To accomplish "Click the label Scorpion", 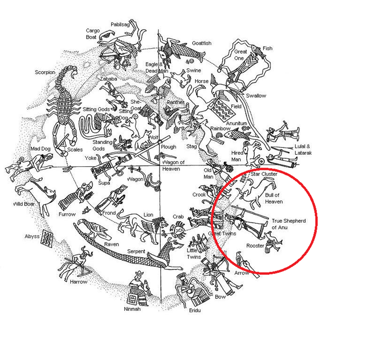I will (45, 72).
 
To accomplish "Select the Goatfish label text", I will (202, 43).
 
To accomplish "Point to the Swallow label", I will (256, 96).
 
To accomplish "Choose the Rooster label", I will (255, 246).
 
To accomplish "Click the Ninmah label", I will (132, 309).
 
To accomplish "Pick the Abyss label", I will (32, 236).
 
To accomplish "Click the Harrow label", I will (78, 282).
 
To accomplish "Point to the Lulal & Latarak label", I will (303, 150).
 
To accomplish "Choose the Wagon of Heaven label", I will (173, 165).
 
